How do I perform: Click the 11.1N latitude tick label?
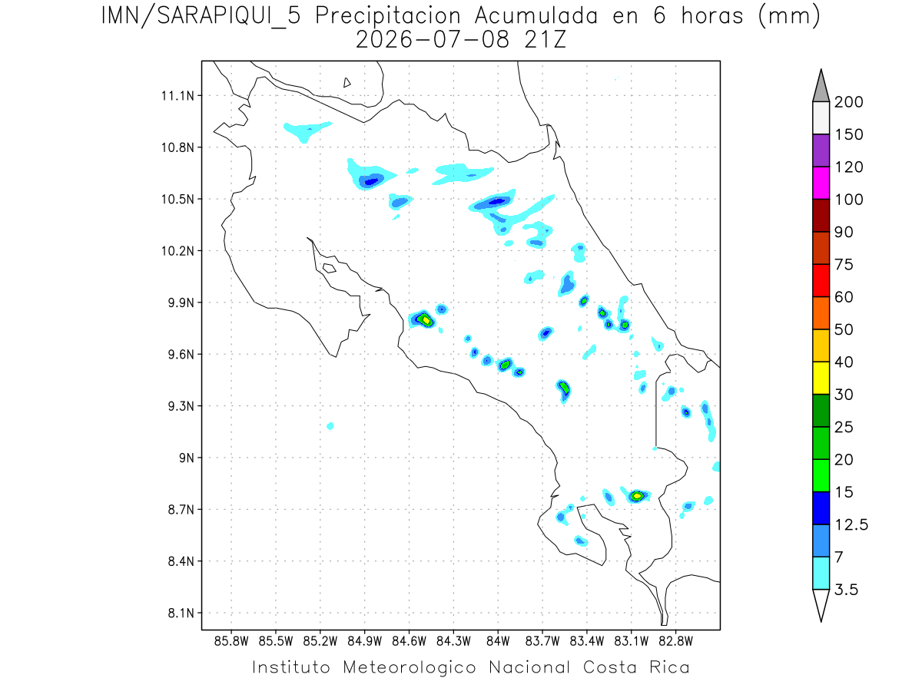177,96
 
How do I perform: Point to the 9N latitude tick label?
187,458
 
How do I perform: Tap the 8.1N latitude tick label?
181,613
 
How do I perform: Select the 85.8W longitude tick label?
231,642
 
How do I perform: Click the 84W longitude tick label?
498,642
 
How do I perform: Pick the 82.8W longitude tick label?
675,642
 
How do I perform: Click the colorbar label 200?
848,102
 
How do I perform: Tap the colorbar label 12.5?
851,525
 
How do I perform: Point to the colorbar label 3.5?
846,590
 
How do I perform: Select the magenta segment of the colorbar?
821,183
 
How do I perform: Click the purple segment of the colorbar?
821,150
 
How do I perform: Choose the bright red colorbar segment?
821,281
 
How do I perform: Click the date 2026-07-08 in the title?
433,40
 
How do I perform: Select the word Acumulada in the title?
536,16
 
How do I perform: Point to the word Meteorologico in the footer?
410,667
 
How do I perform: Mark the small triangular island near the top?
347,83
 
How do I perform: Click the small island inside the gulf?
330,268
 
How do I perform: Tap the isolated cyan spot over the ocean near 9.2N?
330,426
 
